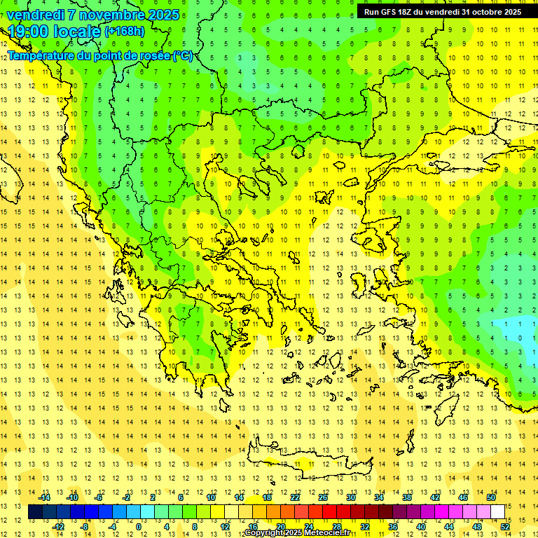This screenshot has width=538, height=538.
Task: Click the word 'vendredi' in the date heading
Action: tap(36, 15)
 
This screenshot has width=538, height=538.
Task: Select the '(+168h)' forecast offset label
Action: tap(125, 32)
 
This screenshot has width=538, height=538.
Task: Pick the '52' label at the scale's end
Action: tap(505, 526)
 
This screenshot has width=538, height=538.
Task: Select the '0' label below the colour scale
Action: tap(138, 526)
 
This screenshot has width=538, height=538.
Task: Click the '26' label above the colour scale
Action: tap(323, 497)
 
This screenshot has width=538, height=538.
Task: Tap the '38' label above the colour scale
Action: tap(407, 497)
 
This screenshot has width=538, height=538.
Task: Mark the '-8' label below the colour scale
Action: tap(84, 526)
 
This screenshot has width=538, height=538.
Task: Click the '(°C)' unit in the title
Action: tap(184, 55)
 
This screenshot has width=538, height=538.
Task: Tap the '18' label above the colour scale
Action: tap(267, 497)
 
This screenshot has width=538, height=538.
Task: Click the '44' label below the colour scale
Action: tap(449, 526)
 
